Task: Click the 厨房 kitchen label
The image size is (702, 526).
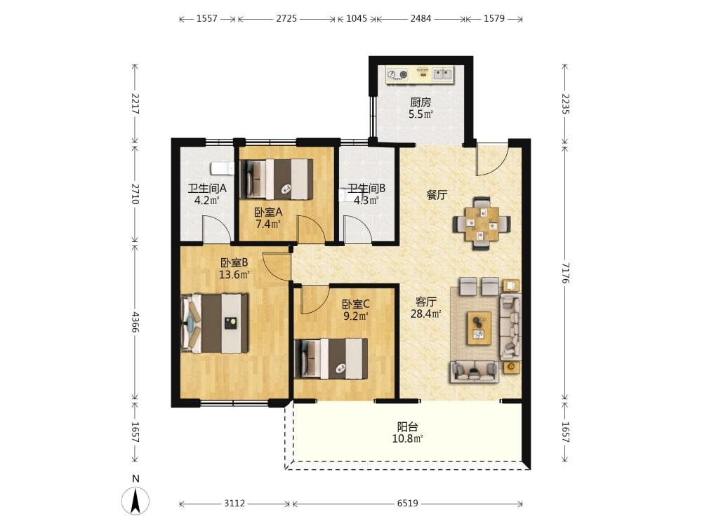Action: coord(420,102)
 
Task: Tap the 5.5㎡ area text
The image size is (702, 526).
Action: coord(420,114)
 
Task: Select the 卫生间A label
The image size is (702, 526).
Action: coord(207,188)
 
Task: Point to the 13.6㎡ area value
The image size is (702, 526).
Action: coord(234,274)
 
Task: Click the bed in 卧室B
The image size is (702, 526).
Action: coord(214,323)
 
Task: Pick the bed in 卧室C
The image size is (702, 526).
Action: coord(331,358)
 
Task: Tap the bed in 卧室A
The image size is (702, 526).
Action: coord(276,179)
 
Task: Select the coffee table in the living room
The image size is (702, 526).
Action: coord(479,328)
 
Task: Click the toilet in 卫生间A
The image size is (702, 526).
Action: coord(223,168)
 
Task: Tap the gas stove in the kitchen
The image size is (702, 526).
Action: coord(397,75)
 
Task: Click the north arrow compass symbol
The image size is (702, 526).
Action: coord(135,501)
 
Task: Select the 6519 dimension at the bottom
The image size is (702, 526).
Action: coord(407,504)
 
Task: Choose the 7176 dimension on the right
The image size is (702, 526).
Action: coord(565,273)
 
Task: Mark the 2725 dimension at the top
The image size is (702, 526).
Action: coord(286,18)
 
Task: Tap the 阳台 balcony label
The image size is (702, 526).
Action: coord(407,426)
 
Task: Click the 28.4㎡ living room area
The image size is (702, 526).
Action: coord(426,314)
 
